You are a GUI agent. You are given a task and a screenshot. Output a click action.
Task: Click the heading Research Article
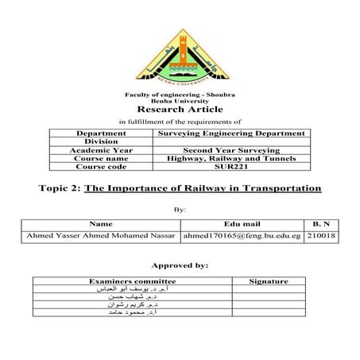[x=180, y=109]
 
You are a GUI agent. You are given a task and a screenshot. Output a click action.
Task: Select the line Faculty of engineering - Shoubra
[x=180, y=95]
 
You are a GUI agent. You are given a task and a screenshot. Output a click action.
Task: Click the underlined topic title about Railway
[x=203, y=189]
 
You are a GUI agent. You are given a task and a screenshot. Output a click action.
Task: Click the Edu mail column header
[x=242, y=226]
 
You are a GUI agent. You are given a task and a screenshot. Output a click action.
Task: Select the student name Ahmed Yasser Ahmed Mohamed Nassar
[x=100, y=237]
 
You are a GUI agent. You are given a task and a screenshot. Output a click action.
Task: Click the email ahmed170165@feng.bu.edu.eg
[x=242, y=237]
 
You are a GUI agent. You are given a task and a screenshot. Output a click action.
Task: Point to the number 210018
[x=322, y=237]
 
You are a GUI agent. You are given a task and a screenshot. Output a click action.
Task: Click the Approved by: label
[x=180, y=265]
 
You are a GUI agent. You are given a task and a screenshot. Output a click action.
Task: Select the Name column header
[x=101, y=226]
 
